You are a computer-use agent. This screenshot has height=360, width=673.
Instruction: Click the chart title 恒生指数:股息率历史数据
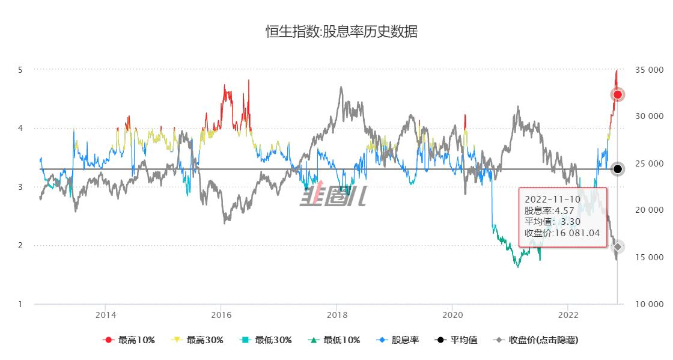coord(341,32)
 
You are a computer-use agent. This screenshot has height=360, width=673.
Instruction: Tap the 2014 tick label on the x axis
coord(106,314)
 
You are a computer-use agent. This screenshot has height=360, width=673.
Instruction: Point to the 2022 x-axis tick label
coord(568,314)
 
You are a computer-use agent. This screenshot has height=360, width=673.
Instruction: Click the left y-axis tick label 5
coord(20,70)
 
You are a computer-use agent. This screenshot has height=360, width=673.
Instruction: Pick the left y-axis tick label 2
coord(20,245)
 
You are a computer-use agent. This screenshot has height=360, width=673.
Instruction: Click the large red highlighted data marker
coord(617,94)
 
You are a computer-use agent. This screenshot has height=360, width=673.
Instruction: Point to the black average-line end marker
coord(617,169)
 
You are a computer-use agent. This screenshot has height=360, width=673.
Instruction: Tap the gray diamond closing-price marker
coord(617,247)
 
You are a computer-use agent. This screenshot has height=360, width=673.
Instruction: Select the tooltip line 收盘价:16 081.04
coord(562,233)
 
